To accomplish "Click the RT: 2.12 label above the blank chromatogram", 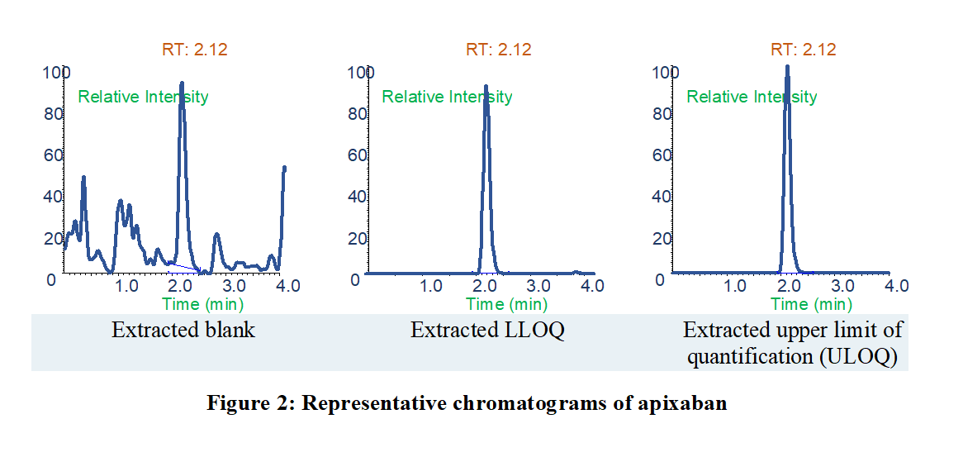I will tap(194, 50).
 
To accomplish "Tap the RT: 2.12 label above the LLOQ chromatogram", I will tap(498, 50).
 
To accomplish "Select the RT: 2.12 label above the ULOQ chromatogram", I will tap(803, 50).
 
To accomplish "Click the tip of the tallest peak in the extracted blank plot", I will tap(182, 83).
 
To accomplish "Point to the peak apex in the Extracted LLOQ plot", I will tap(486, 86).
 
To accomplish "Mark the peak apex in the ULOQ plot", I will tap(787, 67).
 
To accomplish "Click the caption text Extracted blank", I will tap(183, 331).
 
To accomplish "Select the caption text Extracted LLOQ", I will tap(487, 331).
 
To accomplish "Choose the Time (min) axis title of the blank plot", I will tap(191, 304).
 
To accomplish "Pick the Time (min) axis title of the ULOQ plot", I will tap(799, 304).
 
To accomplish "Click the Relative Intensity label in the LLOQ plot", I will tap(447, 97).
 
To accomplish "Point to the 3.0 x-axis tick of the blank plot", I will tap(235, 286).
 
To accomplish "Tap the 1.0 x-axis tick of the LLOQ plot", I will tap(431, 286).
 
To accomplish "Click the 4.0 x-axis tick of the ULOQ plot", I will tap(896, 286).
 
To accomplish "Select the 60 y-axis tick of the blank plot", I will tap(54, 155).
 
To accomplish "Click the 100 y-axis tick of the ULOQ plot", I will tap(665, 73).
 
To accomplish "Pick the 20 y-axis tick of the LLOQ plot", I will tap(357, 239).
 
